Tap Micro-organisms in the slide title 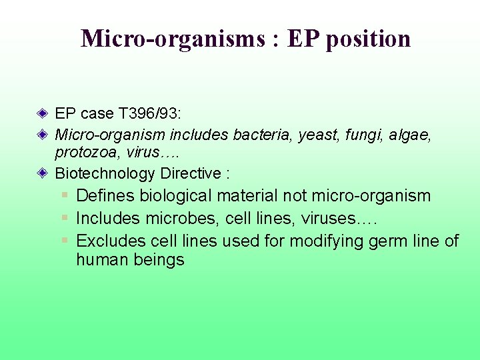click(x=173, y=39)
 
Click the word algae click(x=410, y=135)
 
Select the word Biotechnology click(x=105, y=174)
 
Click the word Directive click(x=191, y=174)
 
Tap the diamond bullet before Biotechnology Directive click(x=43, y=173)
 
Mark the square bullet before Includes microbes click(x=65, y=218)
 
